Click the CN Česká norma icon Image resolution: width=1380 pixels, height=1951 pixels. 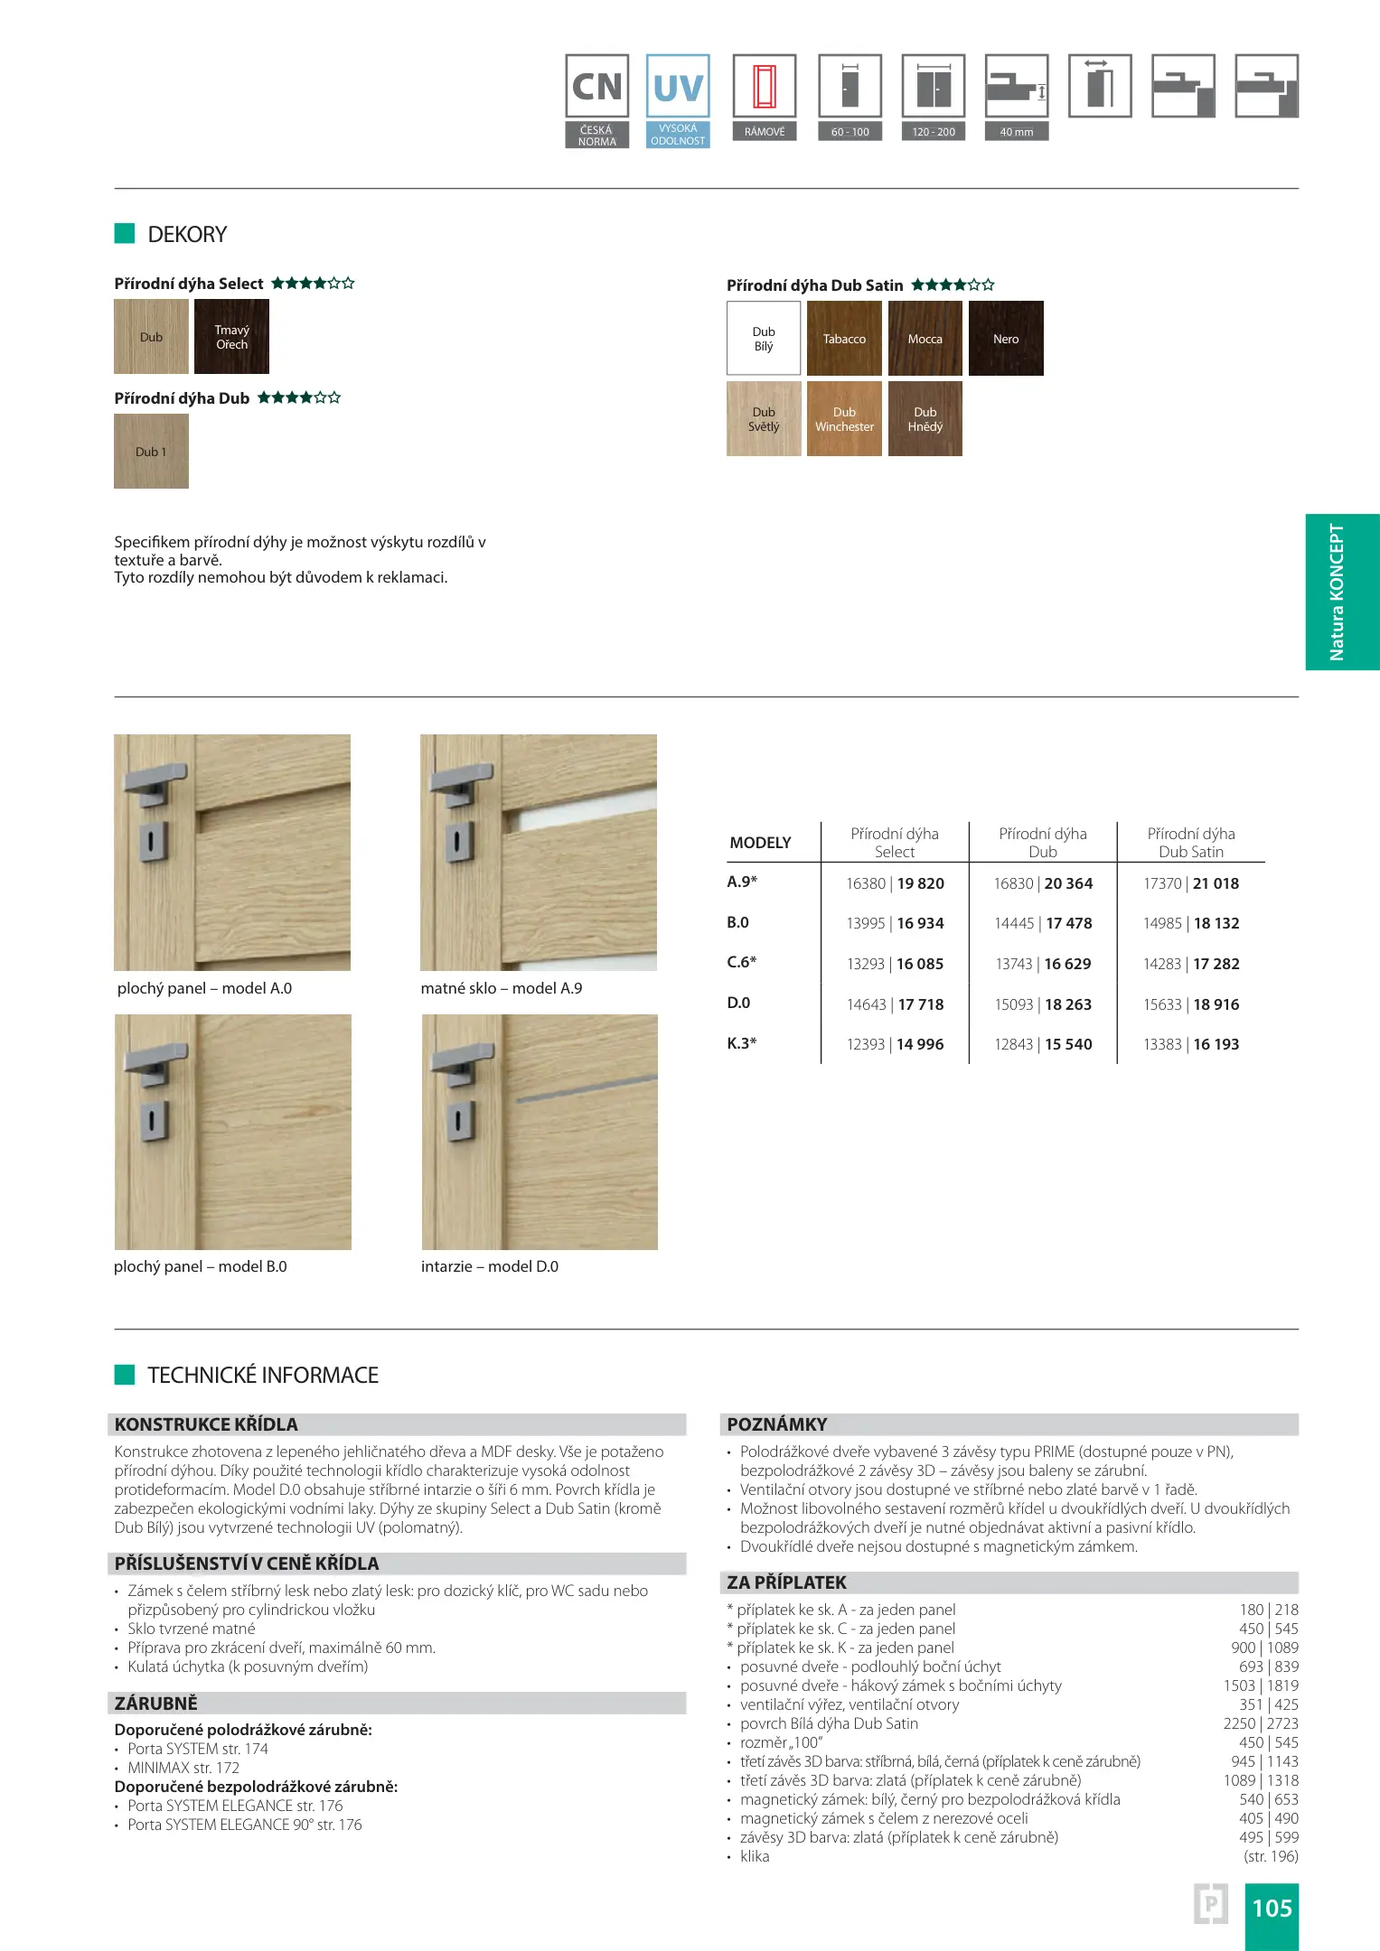[596, 99]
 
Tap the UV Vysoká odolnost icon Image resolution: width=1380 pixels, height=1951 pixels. [678, 99]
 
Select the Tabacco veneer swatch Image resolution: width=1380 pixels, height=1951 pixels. [844, 338]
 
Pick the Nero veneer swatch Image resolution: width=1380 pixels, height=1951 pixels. [1006, 338]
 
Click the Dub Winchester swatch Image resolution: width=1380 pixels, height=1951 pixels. [844, 418]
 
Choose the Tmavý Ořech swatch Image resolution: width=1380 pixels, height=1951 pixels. [231, 336]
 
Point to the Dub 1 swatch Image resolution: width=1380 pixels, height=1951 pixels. [151, 451]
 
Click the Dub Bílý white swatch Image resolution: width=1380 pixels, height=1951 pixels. [764, 338]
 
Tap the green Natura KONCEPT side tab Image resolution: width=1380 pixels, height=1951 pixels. [1342, 592]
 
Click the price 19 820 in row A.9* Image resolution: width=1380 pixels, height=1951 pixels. [920, 883]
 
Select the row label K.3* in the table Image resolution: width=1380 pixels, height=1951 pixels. [742, 1043]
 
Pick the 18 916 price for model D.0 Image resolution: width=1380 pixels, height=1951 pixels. [1216, 1004]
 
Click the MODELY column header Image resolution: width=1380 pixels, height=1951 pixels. [760, 843]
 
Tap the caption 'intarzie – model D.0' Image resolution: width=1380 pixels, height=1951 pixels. [489, 1266]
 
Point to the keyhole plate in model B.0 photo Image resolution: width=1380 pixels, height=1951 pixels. [152, 1120]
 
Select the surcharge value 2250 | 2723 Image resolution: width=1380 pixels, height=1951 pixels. [1261, 1723]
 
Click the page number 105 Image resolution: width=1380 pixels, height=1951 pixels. [1272, 1908]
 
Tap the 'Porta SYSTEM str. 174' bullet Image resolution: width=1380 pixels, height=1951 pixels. [198, 1749]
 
